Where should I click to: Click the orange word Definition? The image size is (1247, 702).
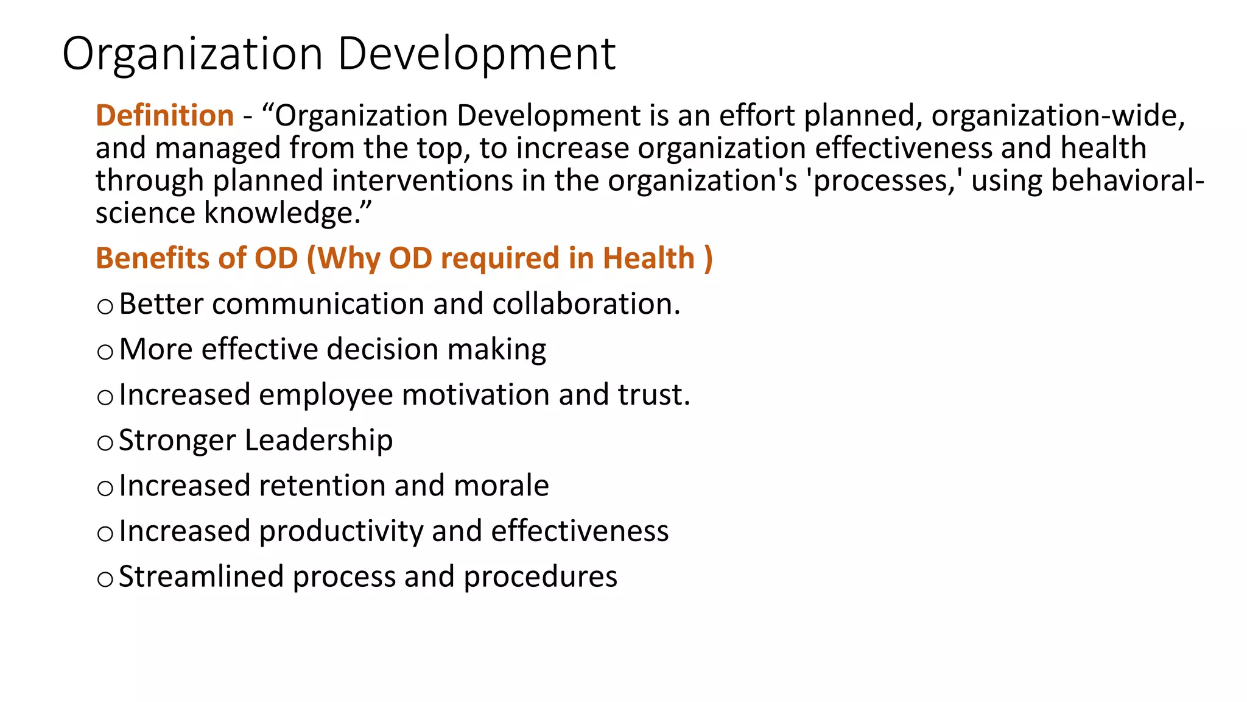[x=164, y=116]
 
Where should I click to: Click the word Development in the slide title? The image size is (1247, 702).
[x=476, y=54]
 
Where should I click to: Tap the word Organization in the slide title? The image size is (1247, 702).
[x=192, y=54]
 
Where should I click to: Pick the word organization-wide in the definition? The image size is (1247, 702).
[x=1058, y=116]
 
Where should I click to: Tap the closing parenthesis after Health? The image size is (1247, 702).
[x=708, y=259]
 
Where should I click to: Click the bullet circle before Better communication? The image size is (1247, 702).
[x=105, y=306]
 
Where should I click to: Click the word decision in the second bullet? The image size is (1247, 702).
[x=382, y=350]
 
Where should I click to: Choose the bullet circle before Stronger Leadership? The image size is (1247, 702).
[x=105, y=442]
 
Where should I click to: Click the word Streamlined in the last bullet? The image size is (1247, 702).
[x=201, y=576]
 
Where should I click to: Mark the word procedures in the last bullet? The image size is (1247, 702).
[x=540, y=577]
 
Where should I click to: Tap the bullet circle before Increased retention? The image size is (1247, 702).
[x=105, y=488]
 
